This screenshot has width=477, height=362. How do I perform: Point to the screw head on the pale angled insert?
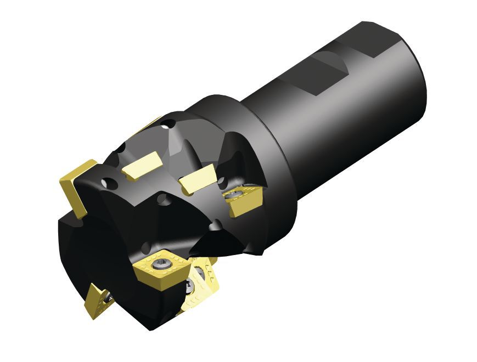click(190, 285)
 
